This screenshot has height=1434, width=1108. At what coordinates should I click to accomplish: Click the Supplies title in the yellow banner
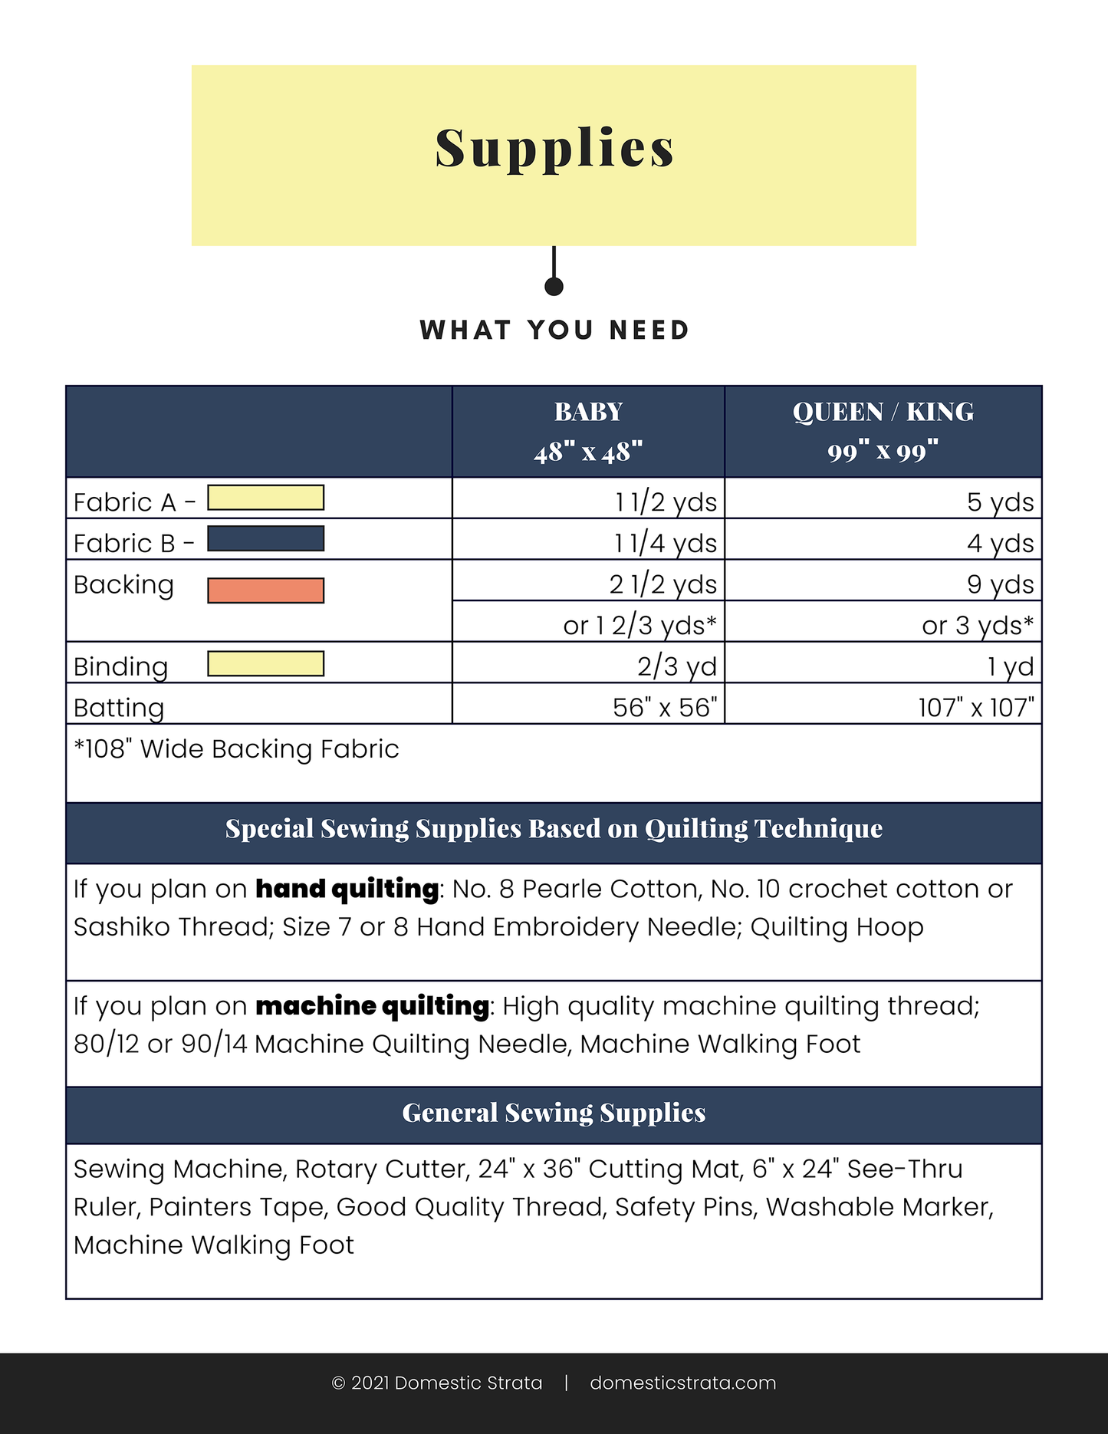554,148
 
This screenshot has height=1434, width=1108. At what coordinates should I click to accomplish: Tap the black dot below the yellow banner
554,286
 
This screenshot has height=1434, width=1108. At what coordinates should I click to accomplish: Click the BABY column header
588,432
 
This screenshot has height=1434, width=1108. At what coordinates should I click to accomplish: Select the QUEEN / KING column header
883,432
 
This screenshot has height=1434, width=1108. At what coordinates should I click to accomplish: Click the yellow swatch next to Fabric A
265,498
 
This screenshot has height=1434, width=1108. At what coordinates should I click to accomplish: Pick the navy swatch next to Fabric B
265,538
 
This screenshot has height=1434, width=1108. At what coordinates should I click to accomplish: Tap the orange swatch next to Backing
265,590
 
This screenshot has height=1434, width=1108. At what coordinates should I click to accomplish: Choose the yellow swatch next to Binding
265,663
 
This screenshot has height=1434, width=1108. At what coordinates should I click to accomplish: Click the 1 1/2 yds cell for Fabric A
666,502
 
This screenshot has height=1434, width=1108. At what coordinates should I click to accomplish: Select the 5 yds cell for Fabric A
1000,502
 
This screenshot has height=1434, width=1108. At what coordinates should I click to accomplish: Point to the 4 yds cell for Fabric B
1000,544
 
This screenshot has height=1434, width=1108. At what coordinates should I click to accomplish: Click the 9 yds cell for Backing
1000,584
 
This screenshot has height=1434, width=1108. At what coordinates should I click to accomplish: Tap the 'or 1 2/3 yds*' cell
639,626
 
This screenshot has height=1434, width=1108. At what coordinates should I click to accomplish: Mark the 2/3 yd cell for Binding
676,666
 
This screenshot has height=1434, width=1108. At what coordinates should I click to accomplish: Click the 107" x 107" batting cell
975,707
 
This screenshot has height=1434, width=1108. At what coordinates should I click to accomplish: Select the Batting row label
119,708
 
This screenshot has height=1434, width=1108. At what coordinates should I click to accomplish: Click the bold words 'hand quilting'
347,889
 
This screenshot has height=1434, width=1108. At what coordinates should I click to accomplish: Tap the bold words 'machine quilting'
372,1006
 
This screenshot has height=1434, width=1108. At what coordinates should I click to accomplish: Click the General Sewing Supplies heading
554,1113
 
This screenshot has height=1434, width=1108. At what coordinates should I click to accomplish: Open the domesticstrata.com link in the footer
682,1383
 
